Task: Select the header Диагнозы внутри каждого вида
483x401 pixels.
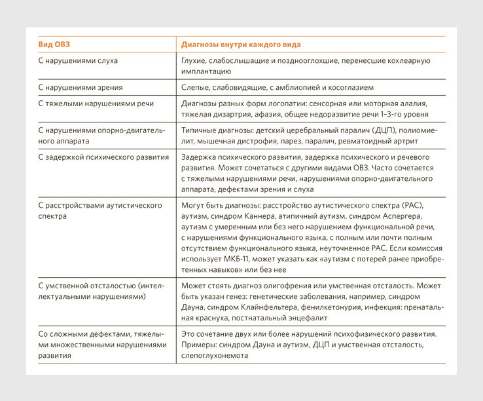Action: (x=241, y=45)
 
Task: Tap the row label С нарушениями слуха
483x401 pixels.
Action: (x=78, y=61)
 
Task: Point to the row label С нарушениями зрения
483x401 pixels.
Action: (x=80, y=87)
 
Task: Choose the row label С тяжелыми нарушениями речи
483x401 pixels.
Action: (x=96, y=104)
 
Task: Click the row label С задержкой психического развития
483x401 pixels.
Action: (x=103, y=157)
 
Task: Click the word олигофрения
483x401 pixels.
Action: (x=298, y=286)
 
